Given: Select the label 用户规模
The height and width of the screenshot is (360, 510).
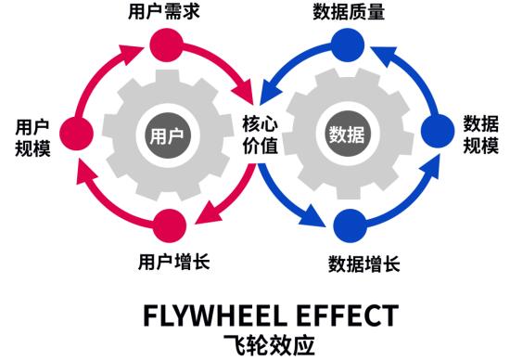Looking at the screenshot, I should (x=31, y=136).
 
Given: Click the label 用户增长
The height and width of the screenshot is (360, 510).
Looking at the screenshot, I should (x=172, y=261).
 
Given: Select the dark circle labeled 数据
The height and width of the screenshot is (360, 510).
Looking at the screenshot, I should (x=347, y=135).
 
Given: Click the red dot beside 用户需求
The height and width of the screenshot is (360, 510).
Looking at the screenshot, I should (x=165, y=44).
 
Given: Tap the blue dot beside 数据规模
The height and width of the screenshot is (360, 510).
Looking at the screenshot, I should (x=436, y=133).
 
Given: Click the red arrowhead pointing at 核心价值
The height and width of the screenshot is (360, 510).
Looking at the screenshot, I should (x=247, y=97).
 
